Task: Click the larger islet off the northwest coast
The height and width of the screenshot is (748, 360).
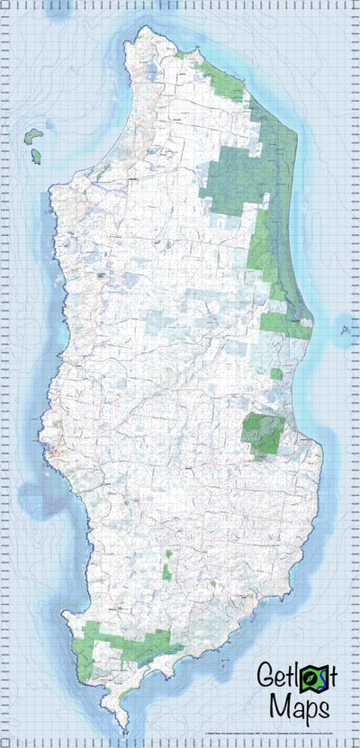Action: click(x=33, y=136)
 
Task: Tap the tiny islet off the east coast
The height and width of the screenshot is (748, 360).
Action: click(x=345, y=329)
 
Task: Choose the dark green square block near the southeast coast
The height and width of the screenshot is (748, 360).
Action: click(x=264, y=433)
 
